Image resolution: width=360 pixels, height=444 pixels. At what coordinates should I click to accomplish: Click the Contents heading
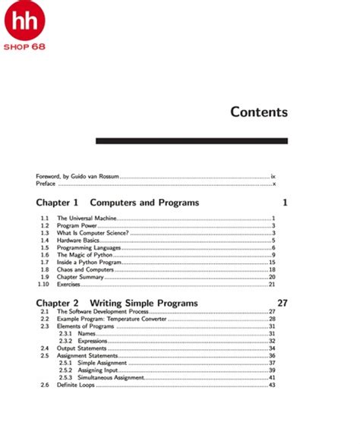(x=259, y=112)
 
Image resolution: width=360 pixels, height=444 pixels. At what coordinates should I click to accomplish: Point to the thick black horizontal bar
(x=191, y=140)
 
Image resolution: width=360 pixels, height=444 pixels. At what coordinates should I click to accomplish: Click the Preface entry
(x=46, y=184)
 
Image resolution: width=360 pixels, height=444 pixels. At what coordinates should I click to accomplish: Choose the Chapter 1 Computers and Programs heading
(x=118, y=203)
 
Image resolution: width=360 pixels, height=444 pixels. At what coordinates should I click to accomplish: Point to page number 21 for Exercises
(x=271, y=285)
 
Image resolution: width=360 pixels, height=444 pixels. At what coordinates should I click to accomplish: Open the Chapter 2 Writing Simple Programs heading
(x=117, y=303)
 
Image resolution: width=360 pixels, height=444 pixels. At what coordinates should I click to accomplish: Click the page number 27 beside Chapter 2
(x=282, y=303)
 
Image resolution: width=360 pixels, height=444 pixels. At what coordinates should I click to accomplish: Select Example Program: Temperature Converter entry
(x=112, y=320)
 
